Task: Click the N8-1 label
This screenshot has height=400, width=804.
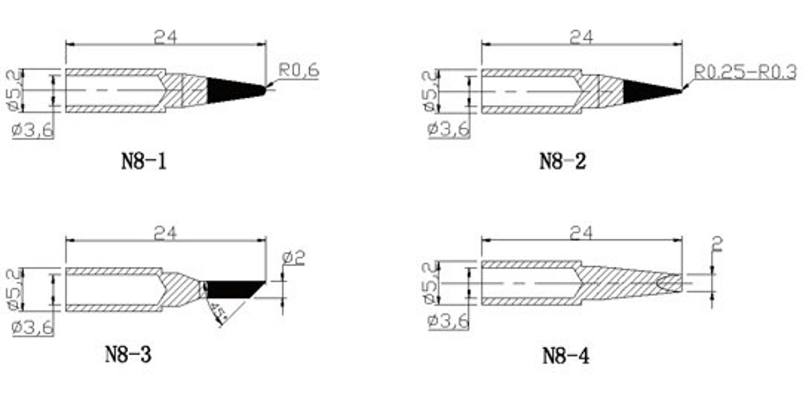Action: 144,162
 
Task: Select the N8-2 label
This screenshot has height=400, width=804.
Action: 562,162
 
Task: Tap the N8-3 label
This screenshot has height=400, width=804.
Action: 128,354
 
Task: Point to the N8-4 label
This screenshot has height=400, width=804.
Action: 565,356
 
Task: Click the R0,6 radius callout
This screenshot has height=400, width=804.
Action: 299,71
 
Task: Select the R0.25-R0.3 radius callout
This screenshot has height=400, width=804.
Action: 745,71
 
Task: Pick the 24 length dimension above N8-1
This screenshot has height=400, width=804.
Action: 165,36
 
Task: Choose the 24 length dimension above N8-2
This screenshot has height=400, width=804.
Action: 581,36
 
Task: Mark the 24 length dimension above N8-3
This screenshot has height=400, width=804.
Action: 165,234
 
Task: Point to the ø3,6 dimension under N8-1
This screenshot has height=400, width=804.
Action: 33,131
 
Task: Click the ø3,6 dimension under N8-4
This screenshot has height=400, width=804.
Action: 448,321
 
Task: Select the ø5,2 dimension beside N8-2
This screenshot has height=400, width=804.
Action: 430,91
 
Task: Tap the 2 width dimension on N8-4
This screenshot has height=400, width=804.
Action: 717,244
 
